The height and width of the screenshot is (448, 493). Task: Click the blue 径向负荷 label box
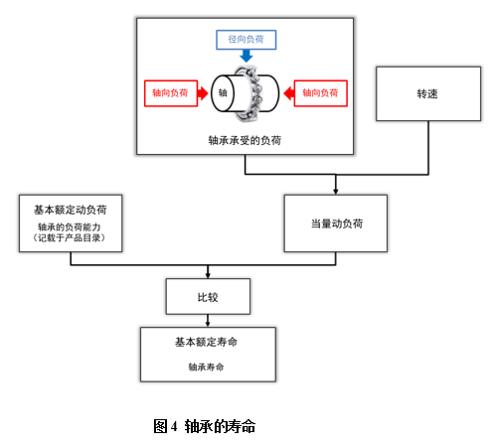pos(246,40)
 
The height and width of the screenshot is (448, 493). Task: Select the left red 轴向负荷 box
pos(170,93)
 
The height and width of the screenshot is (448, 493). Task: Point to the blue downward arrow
pos(246,57)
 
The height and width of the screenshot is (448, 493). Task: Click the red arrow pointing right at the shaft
pos(203,93)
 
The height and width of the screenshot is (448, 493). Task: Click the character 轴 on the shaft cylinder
pos(223,93)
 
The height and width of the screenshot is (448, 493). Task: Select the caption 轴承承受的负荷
pos(246,140)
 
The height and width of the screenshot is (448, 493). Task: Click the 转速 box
pos(427,94)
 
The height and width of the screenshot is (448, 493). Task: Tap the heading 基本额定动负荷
pos(71,211)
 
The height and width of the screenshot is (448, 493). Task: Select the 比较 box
pos(207,295)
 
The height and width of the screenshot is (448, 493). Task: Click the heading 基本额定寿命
pos(207,342)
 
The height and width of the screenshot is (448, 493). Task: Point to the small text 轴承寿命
pos(207,366)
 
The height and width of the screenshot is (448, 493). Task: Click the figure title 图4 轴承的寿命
pos(205,425)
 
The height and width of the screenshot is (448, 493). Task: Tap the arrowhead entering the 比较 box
pos(207,274)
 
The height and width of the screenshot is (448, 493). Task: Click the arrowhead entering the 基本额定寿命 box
pos(207,322)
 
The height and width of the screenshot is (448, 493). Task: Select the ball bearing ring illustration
pos(260,94)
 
